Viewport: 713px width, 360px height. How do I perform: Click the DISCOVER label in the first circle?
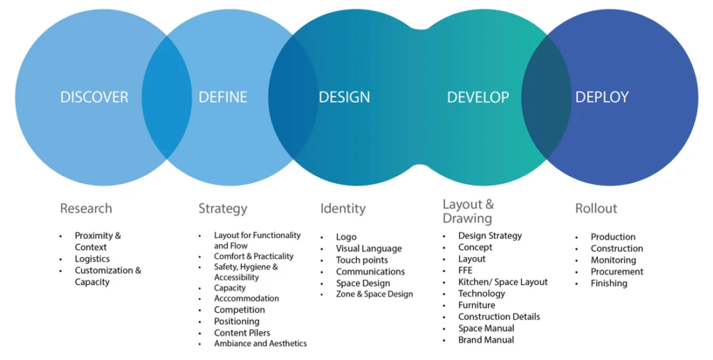click(x=94, y=97)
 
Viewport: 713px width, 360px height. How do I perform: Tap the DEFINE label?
click(x=223, y=97)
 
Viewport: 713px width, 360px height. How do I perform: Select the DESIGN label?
click(x=344, y=97)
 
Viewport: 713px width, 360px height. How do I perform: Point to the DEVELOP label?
click(x=478, y=97)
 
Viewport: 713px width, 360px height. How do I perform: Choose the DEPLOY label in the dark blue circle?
click(x=602, y=97)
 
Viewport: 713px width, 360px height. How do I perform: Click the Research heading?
click(x=86, y=208)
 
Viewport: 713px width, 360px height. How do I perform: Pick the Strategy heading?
click(x=223, y=208)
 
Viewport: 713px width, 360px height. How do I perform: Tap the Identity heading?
click(x=343, y=208)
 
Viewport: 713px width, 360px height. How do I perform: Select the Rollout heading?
click(x=596, y=208)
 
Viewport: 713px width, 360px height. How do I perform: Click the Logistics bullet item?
click(x=92, y=259)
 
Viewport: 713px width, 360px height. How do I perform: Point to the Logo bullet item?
click(x=346, y=237)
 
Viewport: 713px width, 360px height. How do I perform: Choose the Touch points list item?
click(x=361, y=260)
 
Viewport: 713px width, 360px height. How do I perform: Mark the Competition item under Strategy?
click(x=240, y=310)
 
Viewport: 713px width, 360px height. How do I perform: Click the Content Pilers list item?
click(x=242, y=333)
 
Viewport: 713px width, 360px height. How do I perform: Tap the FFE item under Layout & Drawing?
click(x=465, y=270)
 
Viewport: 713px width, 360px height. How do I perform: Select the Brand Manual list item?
click(x=486, y=340)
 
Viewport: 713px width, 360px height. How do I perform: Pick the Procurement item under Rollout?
click(x=617, y=272)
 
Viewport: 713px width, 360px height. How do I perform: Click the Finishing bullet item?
click(x=609, y=283)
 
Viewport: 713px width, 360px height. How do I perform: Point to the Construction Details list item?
click(x=499, y=317)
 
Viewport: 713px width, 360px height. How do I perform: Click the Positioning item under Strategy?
click(x=237, y=322)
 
